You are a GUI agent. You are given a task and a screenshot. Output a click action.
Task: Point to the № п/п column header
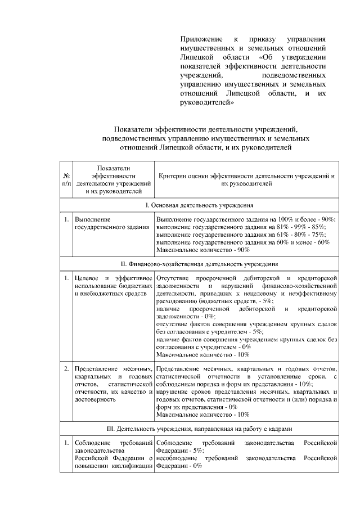67,179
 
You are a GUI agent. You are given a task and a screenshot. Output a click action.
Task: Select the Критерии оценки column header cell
247,179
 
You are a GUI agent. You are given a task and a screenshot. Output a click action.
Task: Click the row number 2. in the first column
66,368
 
